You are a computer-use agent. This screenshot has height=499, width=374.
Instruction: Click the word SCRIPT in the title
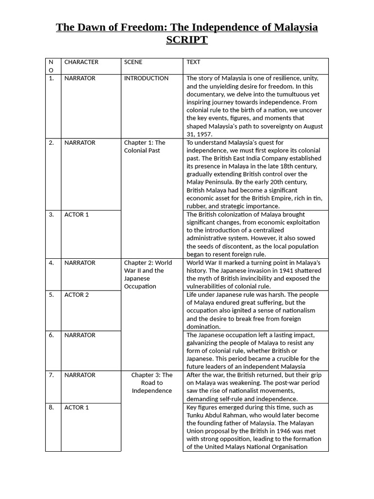click(187, 40)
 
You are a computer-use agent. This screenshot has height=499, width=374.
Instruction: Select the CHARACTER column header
click(81, 62)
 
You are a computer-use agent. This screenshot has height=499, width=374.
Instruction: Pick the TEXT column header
click(193, 62)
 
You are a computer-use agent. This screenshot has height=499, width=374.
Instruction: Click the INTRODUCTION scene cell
click(146, 78)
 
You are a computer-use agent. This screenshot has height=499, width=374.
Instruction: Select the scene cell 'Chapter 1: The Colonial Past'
click(145, 147)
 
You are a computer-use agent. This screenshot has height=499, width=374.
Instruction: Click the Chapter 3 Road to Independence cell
click(151, 383)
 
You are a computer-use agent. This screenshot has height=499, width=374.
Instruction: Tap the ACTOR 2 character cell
click(77, 295)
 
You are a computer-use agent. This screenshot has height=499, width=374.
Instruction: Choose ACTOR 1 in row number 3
click(77, 214)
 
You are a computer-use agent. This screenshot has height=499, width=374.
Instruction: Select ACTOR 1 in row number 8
click(77, 407)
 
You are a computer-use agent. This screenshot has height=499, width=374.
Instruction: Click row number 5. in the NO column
click(52, 295)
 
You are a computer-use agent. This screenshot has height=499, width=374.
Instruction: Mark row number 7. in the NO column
click(52, 375)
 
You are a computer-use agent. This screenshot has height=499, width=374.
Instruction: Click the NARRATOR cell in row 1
click(80, 78)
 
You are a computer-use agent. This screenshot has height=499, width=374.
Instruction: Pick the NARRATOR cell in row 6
click(80, 335)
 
